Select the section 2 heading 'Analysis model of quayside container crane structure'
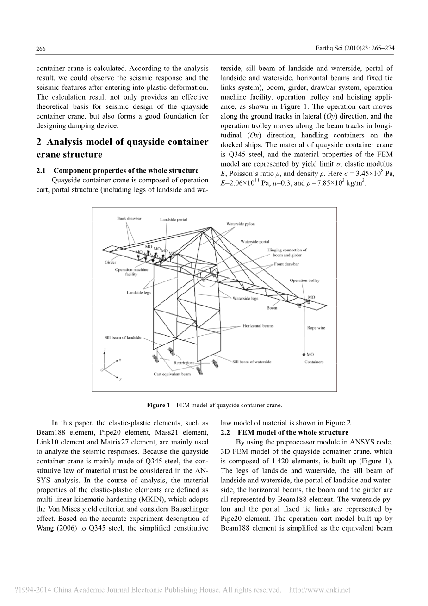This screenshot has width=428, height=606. pyautogui.click(x=122, y=148)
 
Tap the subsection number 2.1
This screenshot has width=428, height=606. pyautogui.click(x=41, y=171)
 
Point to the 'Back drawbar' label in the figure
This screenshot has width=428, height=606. pyautogui.click(x=129, y=218)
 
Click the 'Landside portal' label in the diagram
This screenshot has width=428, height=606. pyautogui.click(x=174, y=219)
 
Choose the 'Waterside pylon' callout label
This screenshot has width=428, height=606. pyautogui.click(x=240, y=224)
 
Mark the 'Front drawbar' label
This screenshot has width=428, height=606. pyautogui.click(x=286, y=264)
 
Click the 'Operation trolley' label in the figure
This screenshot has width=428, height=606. pyautogui.click(x=304, y=280)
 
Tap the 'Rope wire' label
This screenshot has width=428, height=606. pyautogui.click(x=316, y=328)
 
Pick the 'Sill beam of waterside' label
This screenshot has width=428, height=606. pyautogui.click(x=252, y=362)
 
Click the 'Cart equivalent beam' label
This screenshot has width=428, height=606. pyautogui.click(x=172, y=374)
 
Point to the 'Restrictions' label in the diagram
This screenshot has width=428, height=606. pyautogui.click(x=184, y=363)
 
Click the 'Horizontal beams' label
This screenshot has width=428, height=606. pyautogui.click(x=258, y=325)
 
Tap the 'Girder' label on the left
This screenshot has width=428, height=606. pyautogui.click(x=110, y=262)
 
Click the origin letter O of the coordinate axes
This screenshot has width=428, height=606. pyautogui.click(x=102, y=370)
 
